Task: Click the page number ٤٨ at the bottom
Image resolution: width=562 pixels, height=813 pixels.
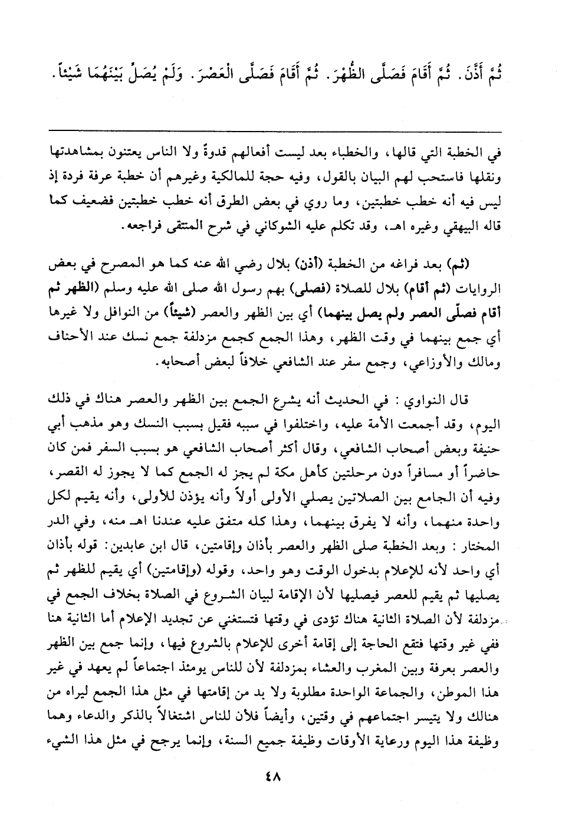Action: [x=275, y=778]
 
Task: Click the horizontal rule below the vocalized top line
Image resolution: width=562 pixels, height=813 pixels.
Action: [x=275, y=131]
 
